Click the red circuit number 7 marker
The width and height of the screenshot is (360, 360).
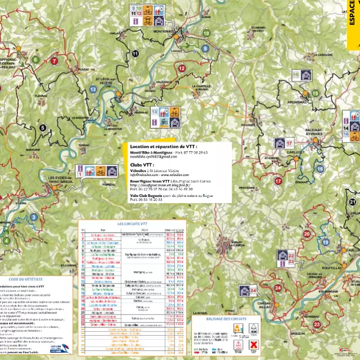click(x=55, y=61)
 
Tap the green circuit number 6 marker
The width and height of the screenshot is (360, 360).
click(x=35, y=59)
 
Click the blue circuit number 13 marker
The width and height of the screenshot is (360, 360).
click(x=93, y=89)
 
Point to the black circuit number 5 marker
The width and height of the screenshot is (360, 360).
click(x=42, y=128)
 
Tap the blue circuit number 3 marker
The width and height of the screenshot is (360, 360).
click(x=34, y=217)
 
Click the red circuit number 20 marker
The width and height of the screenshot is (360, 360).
click(x=307, y=233)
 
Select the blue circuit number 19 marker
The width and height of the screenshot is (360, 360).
click(x=326, y=242)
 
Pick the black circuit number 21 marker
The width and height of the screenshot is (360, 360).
click(x=353, y=201)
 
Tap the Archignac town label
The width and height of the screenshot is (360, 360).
click(x=297, y=103)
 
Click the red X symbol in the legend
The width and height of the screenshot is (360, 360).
click(x=253, y=343)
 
